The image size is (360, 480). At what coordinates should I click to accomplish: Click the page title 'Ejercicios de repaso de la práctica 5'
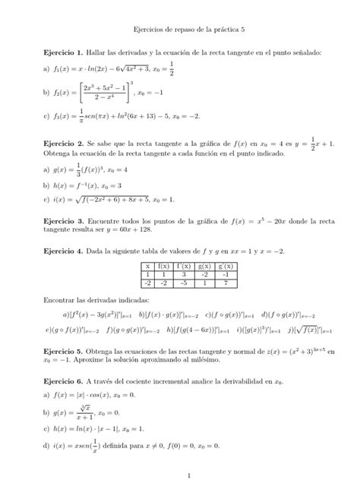click(x=180, y=27)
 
